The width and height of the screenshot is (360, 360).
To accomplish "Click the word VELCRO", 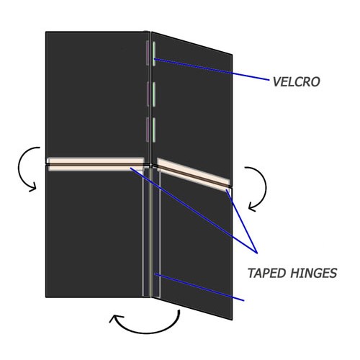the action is tap(296, 82).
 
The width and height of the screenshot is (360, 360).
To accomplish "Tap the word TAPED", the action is tap(266, 273).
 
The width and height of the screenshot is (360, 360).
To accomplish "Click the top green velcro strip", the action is tap(154, 54).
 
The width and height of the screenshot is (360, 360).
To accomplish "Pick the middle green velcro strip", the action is tap(154, 94).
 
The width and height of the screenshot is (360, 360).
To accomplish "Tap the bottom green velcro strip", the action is tap(154, 130).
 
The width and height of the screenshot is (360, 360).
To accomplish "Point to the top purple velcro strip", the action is tap(148, 53).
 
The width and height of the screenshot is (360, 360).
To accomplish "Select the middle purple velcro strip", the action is tap(148, 94).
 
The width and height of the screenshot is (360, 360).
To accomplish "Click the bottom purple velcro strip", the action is tap(148, 130).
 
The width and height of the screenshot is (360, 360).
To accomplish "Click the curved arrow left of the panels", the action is tap(19, 168).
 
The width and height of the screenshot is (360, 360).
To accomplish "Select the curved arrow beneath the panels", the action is tap(146, 333).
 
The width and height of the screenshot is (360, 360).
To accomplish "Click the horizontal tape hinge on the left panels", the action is tap(96, 164).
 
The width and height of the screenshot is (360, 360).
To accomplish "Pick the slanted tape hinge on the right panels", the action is tap(193, 172).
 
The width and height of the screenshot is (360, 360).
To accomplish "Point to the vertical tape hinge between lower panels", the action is tap(151, 233).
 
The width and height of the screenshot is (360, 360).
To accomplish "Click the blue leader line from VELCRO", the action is tap(211, 69).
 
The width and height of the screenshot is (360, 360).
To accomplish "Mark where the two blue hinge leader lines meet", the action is tap(257, 253).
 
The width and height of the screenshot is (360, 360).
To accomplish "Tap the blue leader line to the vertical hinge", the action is tap(199, 287).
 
